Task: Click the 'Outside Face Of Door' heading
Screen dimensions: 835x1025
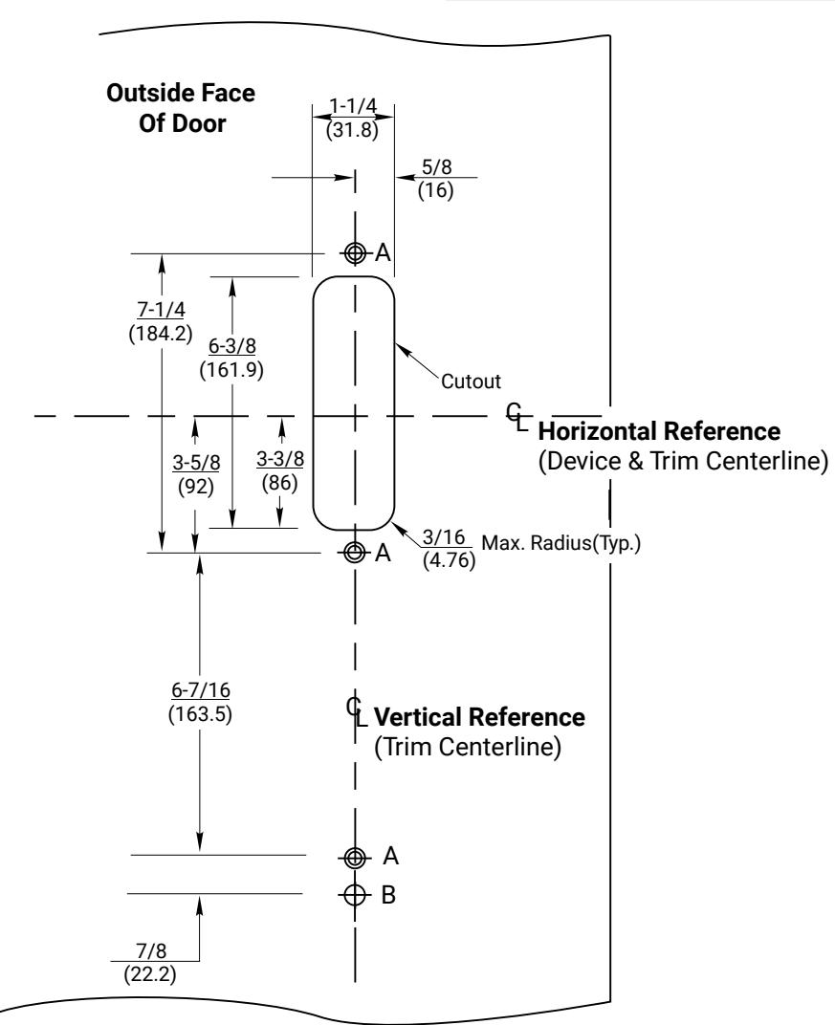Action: [x=181, y=108]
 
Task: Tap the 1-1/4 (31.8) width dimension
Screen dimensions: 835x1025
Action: [x=352, y=118]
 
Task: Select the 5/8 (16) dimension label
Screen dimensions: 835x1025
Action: [x=436, y=179]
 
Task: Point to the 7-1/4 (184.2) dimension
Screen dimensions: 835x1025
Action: [x=161, y=321]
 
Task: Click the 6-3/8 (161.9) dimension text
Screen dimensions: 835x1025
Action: [x=231, y=358]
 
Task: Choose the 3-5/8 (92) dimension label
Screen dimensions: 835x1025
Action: [x=196, y=474]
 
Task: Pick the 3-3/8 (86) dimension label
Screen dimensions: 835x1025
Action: [x=280, y=470]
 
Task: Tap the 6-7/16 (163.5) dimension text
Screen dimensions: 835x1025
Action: [x=200, y=702]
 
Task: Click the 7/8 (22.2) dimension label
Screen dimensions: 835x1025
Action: [x=150, y=962]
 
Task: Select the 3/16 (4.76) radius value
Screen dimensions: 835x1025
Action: [x=449, y=549]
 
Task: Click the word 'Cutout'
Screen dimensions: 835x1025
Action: [x=471, y=382]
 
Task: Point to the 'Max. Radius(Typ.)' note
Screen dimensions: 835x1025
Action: [x=561, y=543]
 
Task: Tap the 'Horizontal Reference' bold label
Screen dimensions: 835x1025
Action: [x=659, y=431]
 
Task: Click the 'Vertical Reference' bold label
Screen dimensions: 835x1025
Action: [x=479, y=717]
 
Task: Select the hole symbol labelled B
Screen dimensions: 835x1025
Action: [x=355, y=894]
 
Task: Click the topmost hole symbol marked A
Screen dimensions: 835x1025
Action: [x=355, y=252]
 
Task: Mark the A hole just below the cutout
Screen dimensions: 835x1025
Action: [x=355, y=553]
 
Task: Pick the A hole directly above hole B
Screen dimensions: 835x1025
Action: [x=355, y=857]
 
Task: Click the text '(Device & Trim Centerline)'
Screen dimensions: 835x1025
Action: [x=683, y=461]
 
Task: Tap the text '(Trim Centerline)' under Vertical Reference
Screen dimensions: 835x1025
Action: [x=468, y=747]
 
